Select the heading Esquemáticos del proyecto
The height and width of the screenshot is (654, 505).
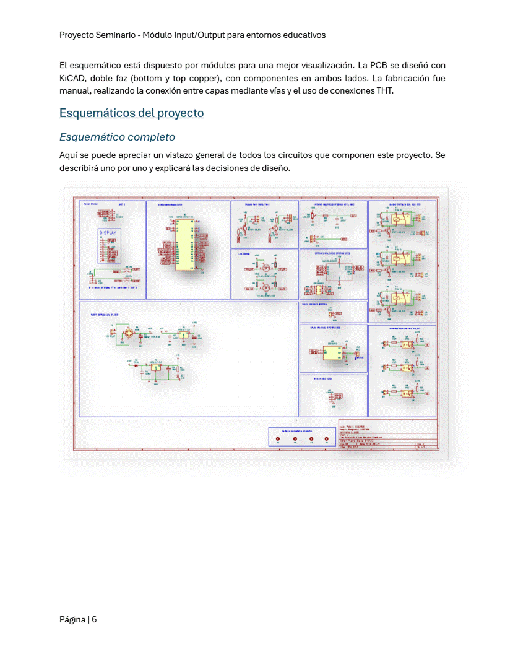[x=131, y=113]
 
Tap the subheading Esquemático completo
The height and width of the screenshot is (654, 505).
[x=117, y=137]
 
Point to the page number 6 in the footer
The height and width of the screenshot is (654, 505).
[x=95, y=619]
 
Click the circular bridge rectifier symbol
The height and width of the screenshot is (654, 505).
[x=129, y=333]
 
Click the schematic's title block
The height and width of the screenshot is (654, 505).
[x=387, y=436]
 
